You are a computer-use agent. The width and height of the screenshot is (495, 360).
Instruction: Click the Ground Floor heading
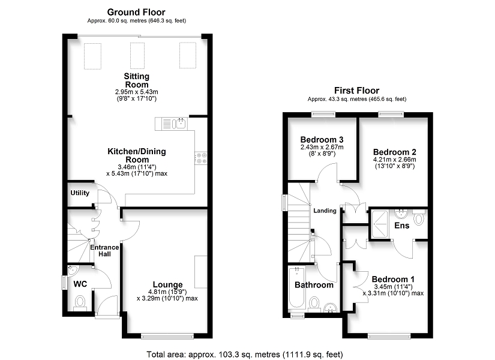136,13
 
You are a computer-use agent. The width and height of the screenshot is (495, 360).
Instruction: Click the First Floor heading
357,91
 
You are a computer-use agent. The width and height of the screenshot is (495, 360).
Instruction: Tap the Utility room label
80,193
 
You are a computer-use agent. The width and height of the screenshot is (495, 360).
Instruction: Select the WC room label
80,284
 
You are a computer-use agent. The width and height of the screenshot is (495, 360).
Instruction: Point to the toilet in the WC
80,302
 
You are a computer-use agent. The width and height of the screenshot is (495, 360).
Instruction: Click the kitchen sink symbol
175,124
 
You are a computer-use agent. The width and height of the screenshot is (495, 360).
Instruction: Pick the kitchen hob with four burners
202,158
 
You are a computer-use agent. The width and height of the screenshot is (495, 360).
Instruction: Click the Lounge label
167,284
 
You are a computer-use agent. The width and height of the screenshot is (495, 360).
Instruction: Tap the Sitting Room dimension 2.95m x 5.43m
136,92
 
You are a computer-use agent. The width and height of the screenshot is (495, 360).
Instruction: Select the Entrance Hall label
104,251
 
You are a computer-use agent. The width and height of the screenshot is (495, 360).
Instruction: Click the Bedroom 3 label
322,140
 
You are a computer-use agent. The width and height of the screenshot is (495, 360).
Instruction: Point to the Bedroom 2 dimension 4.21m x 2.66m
395,160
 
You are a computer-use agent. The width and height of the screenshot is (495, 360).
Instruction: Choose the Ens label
402,226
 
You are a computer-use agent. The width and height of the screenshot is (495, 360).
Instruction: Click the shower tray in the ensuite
380,224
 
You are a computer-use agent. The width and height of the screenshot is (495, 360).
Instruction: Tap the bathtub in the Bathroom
296,287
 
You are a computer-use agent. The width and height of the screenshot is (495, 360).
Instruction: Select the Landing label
325,211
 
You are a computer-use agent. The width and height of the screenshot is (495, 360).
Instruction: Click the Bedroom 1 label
393,279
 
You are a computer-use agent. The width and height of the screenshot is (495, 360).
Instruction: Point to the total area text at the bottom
245,355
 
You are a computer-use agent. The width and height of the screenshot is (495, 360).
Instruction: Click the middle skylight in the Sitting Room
137,56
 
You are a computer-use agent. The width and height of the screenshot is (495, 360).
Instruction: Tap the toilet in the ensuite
419,218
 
